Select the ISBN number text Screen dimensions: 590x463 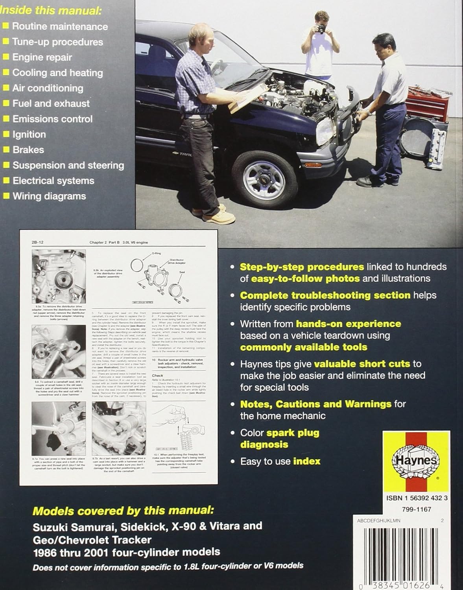pos(417,498)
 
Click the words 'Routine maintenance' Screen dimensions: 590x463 pos(60,26)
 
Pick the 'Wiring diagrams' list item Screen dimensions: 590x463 pos(49,196)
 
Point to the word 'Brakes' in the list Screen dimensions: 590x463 pos(28,150)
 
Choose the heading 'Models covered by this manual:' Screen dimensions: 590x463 pos(123,511)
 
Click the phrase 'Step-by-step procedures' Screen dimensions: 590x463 pos(302,267)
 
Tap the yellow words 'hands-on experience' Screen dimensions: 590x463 pos(348,324)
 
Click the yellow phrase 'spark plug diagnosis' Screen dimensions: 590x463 pos(279,439)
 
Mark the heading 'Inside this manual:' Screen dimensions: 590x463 pos(50,11)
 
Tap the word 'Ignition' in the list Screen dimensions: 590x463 pos(29,135)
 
